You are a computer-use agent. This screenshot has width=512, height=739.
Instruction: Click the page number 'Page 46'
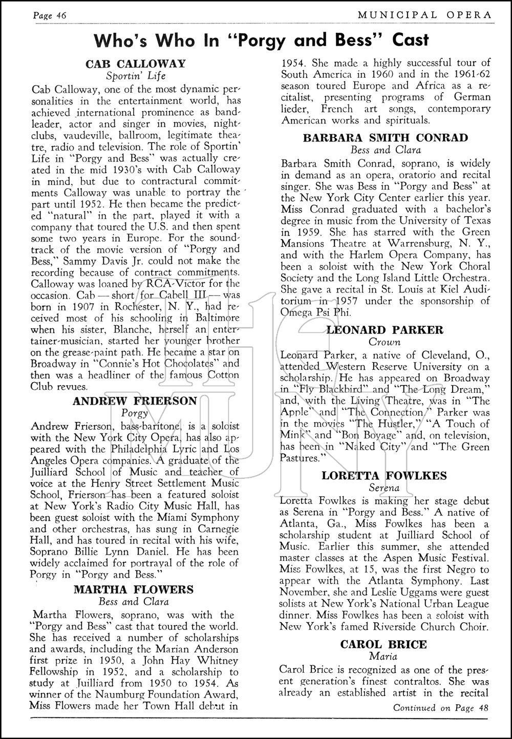(x=50, y=15)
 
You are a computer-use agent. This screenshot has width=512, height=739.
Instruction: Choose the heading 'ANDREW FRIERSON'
(x=135, y=401)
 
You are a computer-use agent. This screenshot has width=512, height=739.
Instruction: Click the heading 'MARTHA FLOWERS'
(x=134, y=589)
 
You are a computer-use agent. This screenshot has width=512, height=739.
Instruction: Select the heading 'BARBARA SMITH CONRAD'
(x=385, y=138)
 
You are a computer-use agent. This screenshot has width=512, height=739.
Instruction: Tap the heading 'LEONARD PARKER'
(x=385, y=330)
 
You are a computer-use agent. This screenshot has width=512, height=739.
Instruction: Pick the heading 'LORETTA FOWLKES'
(x=384, y=476)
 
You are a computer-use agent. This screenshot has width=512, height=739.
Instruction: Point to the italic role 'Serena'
(x=384, y=488)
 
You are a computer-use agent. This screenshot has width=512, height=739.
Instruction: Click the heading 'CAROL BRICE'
(x=383, y=644)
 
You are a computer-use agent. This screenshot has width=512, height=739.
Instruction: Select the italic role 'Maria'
(x=383, y=656)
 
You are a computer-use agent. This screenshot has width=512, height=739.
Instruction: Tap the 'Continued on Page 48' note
(x=441, y=708)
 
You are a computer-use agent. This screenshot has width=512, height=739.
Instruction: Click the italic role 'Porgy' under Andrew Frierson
(x=135, y=413)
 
